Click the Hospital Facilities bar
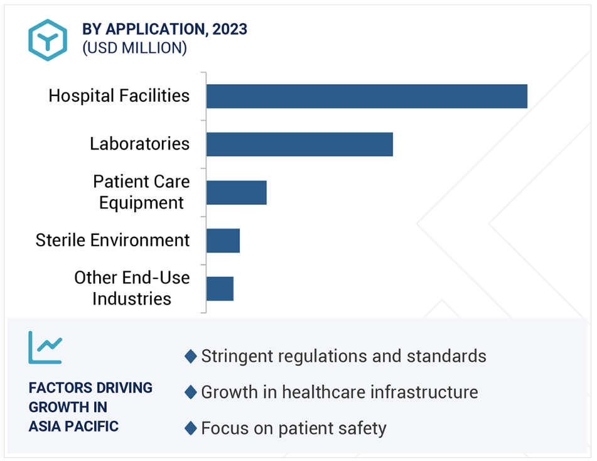point(367,96)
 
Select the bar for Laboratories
point(299,144)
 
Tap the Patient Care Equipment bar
point(237,193)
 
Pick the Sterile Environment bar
point(223,241)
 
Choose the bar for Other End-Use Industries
point(220,289)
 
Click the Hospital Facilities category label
point(119,95)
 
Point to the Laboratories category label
point(140,144)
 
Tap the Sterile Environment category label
point(112,240)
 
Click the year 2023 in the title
point(230,30)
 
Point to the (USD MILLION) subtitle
point(135,48)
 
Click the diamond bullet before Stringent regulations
point(190,356)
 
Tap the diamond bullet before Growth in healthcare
point(190,392)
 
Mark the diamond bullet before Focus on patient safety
point(190,428)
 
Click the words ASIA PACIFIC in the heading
point(73,426)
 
